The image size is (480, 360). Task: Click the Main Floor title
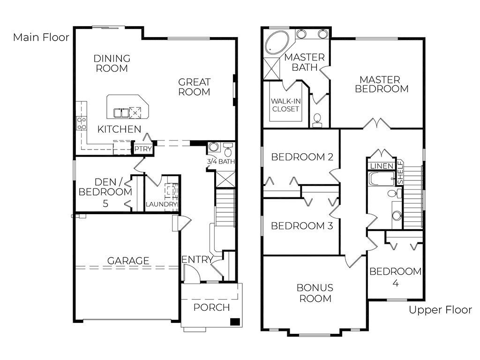coord(41,37)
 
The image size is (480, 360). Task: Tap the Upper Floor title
coord(440,310)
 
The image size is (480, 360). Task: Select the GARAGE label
coord(128,261)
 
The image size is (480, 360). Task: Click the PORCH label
coord(211,307)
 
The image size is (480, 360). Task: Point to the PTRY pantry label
coord(143,149)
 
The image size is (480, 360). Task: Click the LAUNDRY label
coord(161,204)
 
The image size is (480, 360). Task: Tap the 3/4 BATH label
coord(221,161)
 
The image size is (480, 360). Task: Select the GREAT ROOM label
coord(194,87)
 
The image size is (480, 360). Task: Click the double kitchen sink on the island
coord(121,113)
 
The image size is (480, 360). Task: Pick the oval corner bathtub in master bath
coord(277,42)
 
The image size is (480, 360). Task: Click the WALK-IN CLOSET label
coord(285,105)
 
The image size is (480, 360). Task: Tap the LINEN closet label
coord(382,166)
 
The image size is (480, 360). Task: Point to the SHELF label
coord(400,172)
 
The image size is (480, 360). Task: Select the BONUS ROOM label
coord(315,293)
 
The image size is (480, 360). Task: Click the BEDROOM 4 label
coord(396,277)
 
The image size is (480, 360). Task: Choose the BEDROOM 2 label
coord(302,157)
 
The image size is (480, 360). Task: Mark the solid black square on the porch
coord(234,322)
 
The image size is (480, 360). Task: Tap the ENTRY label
coord(197,260)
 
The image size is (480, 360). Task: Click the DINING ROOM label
coord(112,63)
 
